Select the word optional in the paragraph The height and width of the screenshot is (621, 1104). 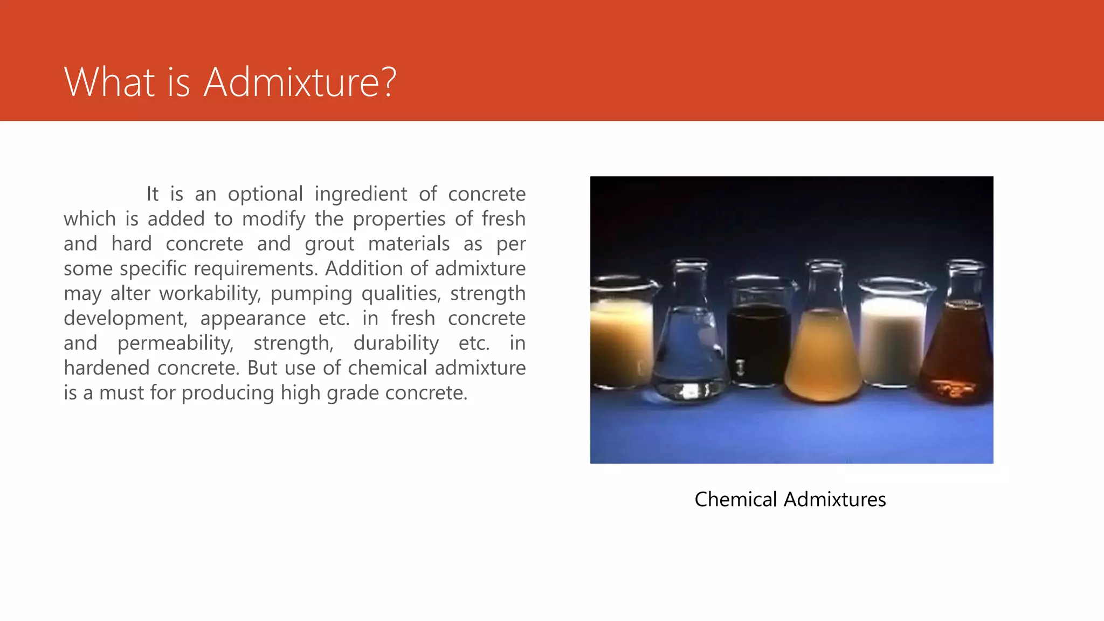(265, 194)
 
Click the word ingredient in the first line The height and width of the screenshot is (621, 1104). (361, 194)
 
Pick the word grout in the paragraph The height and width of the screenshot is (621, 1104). (329, 244)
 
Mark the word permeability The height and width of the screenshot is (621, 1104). (175, 343)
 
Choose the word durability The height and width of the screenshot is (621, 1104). (396, 343)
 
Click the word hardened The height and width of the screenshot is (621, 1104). (107, 368)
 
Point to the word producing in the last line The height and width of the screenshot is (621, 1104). (228, 393)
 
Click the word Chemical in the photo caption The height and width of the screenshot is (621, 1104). (735, 499)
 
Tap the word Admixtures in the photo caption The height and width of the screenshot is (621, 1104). (835, 499)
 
